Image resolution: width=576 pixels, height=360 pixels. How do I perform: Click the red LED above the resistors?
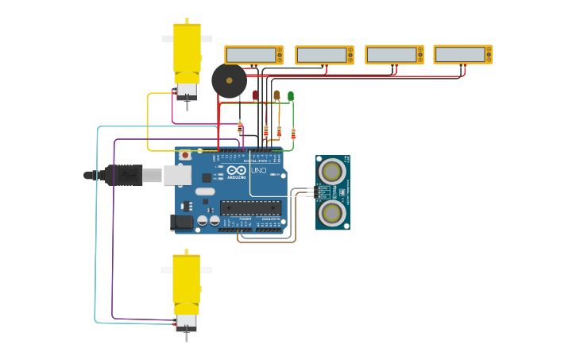pos(256,95)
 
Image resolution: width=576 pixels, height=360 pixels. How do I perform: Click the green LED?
pos(291,96)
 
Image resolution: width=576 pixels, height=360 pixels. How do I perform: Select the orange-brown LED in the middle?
pos(276,95)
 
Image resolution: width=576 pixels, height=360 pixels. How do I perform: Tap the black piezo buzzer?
pos(229,81)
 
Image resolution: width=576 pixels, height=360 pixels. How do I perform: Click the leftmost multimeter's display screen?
pos(251,55)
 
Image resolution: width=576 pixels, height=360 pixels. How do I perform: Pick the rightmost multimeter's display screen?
pos(460,54)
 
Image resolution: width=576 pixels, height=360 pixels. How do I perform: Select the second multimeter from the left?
pos(324,55)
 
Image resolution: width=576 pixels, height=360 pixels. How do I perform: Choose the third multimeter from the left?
pos(394,55)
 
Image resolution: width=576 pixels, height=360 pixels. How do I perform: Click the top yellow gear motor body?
pos(187,48)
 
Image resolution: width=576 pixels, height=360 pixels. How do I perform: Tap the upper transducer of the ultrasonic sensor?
pos(332,171)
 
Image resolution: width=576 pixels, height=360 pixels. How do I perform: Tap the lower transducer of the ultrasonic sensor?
pos(332,212)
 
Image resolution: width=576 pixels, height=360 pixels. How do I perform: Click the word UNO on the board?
pos(259,171)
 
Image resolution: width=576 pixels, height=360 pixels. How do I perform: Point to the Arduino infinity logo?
pos(237,170)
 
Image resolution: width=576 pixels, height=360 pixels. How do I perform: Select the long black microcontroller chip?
pos(250,208)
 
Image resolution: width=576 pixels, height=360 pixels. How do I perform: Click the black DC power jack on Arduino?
pos(182,223)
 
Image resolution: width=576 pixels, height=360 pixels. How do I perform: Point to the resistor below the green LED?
pos(293,134)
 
